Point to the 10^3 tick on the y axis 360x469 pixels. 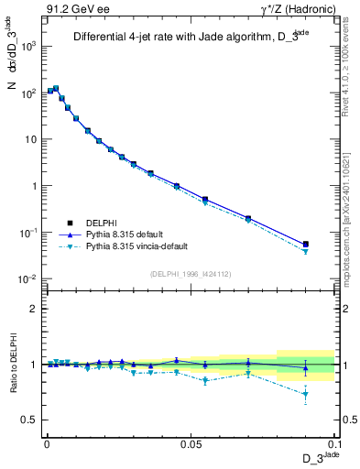click(27, 46)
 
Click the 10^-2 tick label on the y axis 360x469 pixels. click(26, 278)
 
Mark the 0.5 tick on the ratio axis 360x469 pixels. click(29, 420)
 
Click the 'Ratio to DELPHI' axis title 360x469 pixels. click(12, 364)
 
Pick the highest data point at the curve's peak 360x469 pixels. click(56, 89)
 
